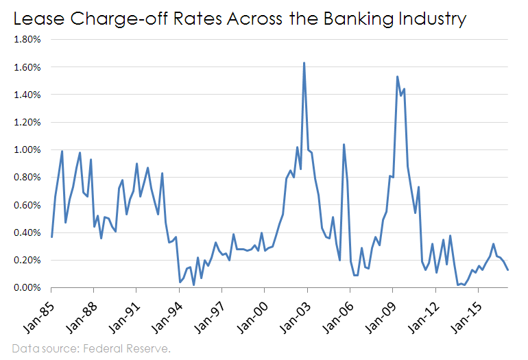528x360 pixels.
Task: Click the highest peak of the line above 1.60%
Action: (304, 63)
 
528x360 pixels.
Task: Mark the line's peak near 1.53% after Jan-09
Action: (397, 77)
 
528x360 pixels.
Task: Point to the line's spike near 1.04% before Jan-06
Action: (344, 145)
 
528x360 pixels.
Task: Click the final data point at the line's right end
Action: (507, 269)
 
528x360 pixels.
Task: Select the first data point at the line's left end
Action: (51, 237)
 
